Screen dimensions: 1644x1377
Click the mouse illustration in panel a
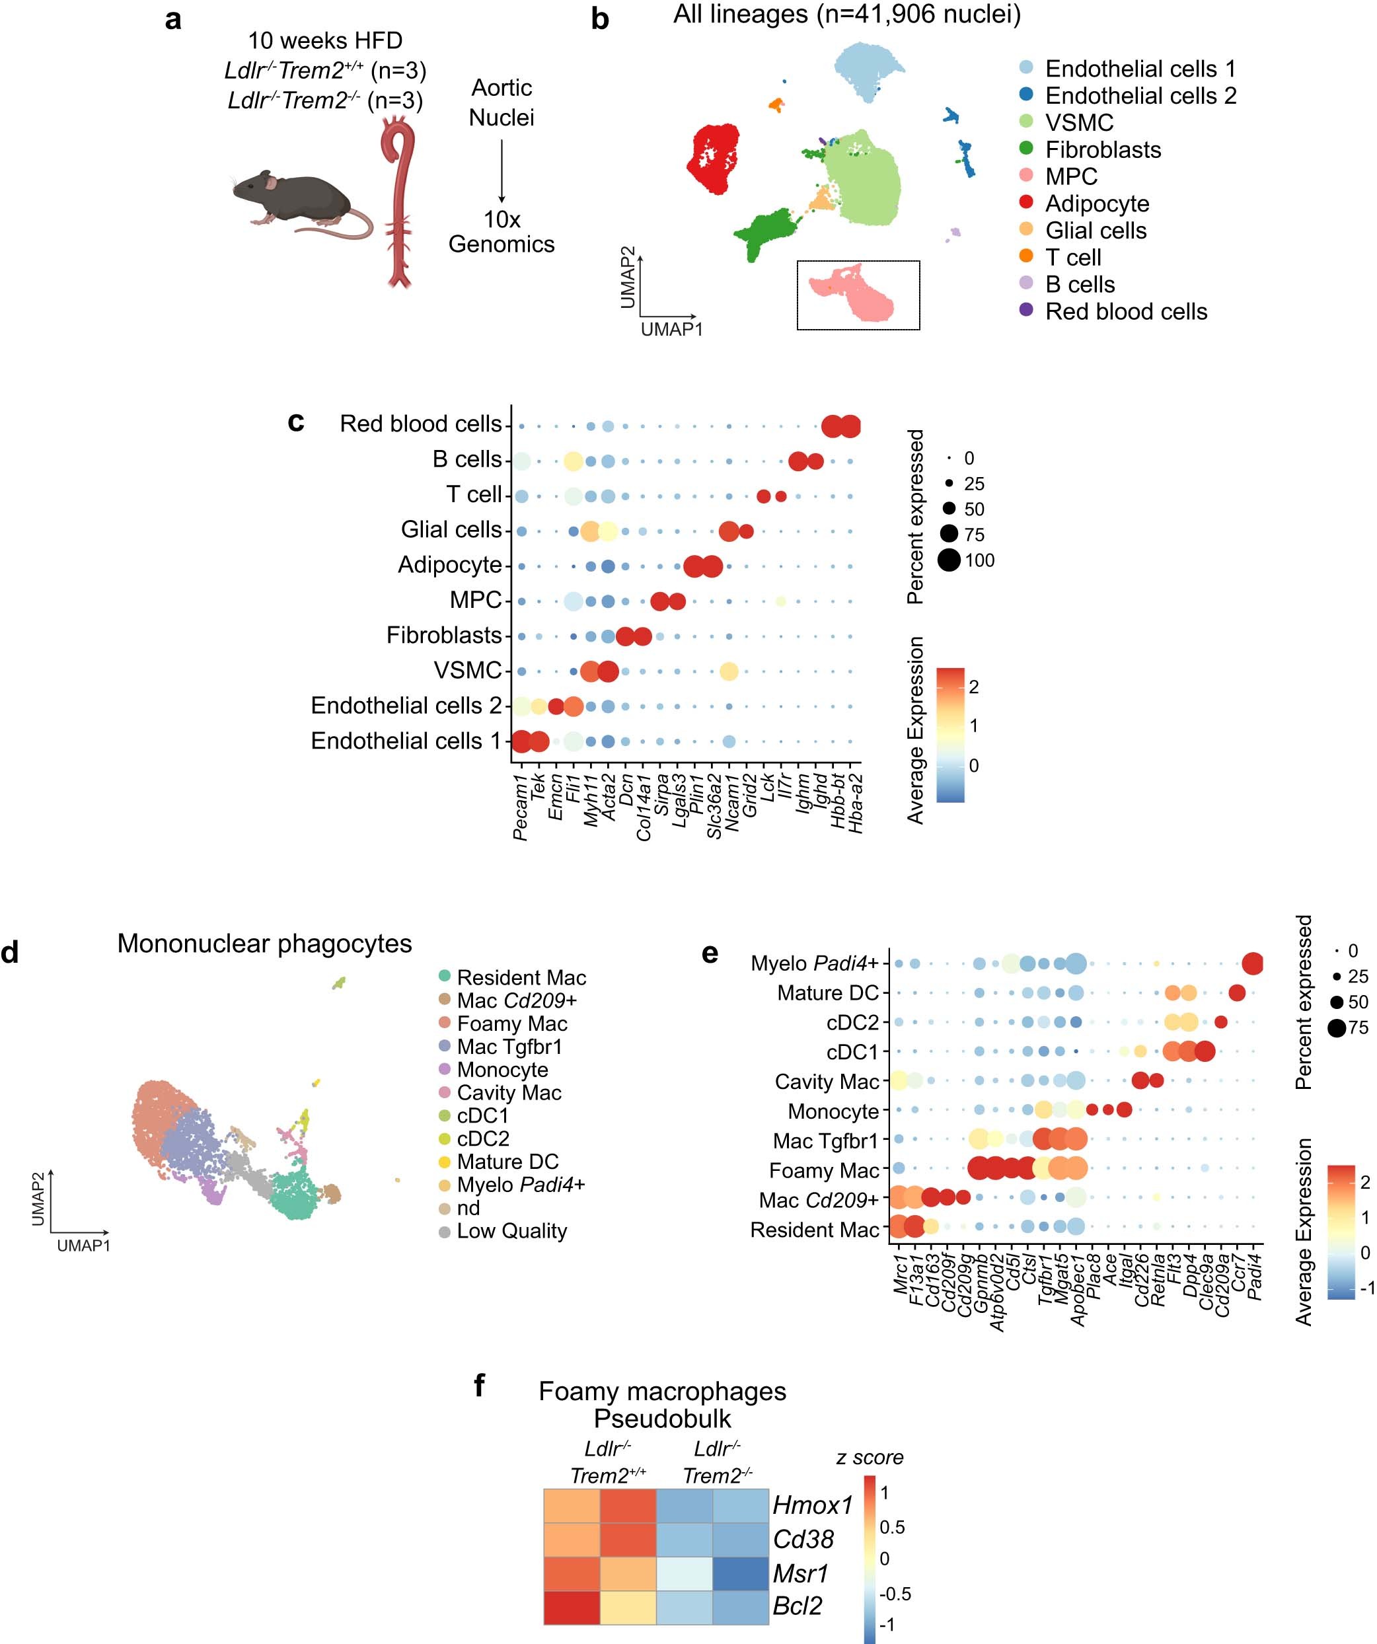point(293,200)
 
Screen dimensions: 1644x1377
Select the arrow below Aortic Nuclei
point(502,170)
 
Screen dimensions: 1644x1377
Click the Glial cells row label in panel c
point(451,530)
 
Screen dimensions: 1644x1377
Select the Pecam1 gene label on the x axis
point(521,807)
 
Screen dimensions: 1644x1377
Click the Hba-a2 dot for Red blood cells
point(850,427)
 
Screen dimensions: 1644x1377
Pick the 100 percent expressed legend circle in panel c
point(949,560)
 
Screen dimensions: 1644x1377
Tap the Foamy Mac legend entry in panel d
point(511,1024)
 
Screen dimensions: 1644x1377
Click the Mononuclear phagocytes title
point(264,944)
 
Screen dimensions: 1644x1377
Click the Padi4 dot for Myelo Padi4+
point(1253,963)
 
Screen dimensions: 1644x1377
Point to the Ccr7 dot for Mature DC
point(1237,993)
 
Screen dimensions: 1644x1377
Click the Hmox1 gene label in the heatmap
point(812,1505)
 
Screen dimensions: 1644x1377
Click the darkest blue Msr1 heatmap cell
point(741,1573)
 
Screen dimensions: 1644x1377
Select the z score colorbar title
point(870,1458)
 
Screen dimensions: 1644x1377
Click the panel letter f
point(479,1386)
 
